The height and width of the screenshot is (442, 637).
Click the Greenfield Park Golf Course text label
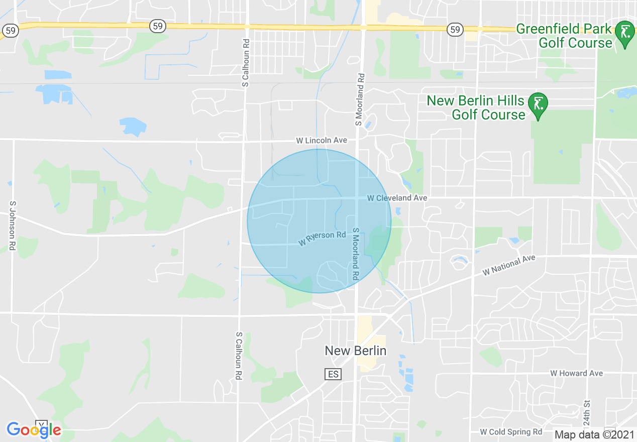tap(564, 36)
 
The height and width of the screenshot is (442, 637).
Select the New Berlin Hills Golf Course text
tap(475, 107)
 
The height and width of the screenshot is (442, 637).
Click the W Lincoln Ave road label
tap(322, 140)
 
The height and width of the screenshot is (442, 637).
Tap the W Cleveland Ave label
tap(397, 198)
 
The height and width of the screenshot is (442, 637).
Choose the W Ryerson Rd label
tap(322, 239)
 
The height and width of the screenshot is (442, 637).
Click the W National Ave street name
tap(508, 265)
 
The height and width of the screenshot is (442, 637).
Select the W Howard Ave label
tap(576, 373)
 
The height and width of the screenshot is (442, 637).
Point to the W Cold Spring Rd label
tap(511, 432)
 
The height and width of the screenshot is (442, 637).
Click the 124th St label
tap(587, 411)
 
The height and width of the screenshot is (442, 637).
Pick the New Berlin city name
tap(356, 351)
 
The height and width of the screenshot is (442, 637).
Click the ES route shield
tap(333, 374)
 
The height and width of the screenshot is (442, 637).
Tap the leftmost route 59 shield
tap(11, 31)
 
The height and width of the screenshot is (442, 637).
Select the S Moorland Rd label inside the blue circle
tap(355, 254)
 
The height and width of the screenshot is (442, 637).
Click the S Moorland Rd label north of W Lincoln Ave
tap(359, 99)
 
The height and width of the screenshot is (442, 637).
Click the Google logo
tap(34, 430)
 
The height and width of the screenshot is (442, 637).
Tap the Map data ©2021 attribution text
tap(594, 434)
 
